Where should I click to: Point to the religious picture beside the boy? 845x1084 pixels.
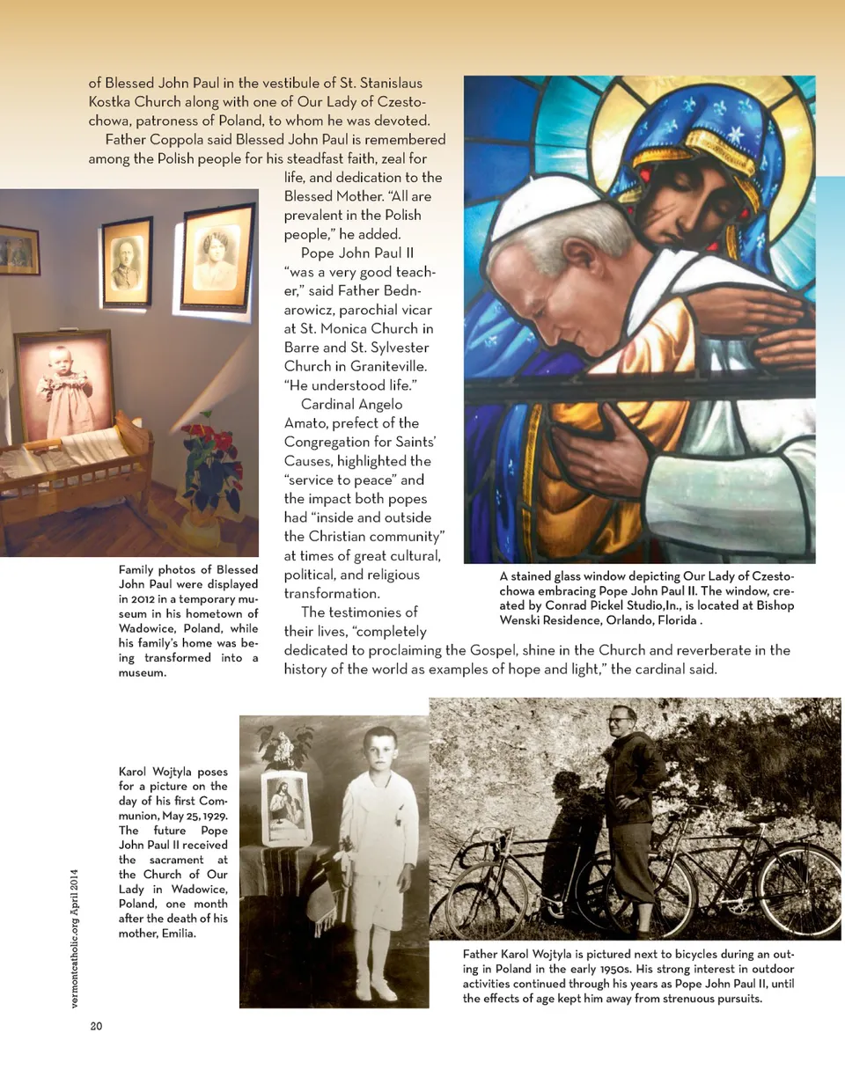click(x=287, y=809)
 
